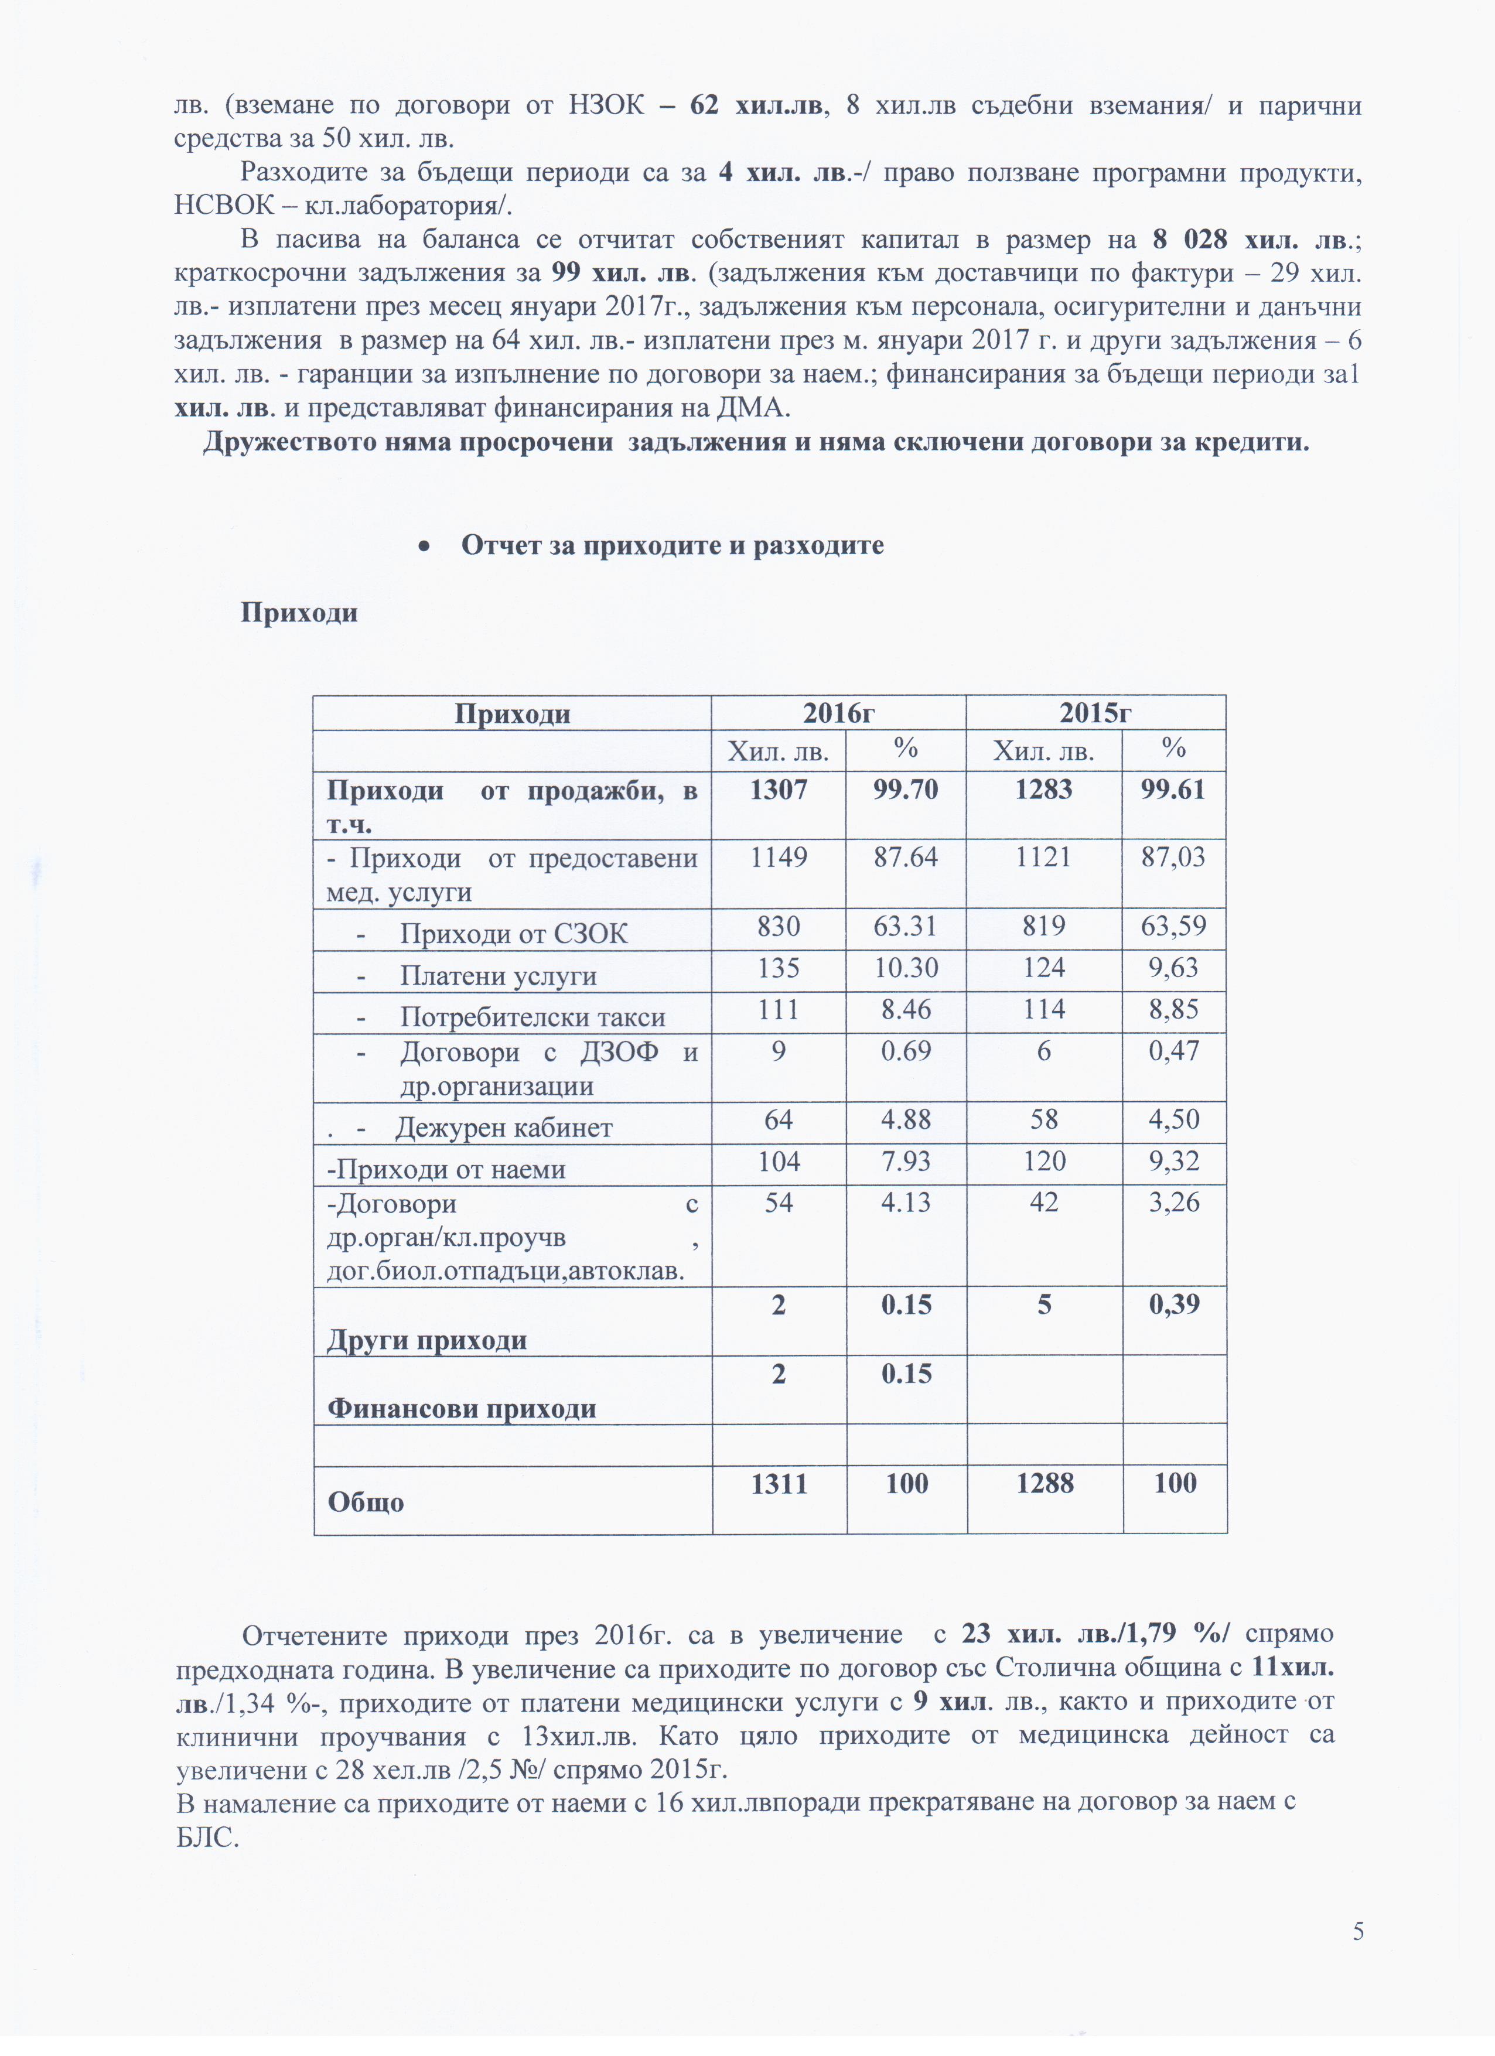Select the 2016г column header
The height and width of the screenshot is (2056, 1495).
[838, 713]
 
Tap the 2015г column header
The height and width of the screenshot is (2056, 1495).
[1095, 713]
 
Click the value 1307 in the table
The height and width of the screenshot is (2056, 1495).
[778, 790]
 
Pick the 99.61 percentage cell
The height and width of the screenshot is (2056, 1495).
[1173, 790]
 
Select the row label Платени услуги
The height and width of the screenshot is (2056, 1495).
[498, 975]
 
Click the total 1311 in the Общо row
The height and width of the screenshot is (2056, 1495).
[778, 1484]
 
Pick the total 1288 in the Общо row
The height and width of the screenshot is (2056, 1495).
[1045, 1484]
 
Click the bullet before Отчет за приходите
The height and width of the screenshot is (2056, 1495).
[424, 546]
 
